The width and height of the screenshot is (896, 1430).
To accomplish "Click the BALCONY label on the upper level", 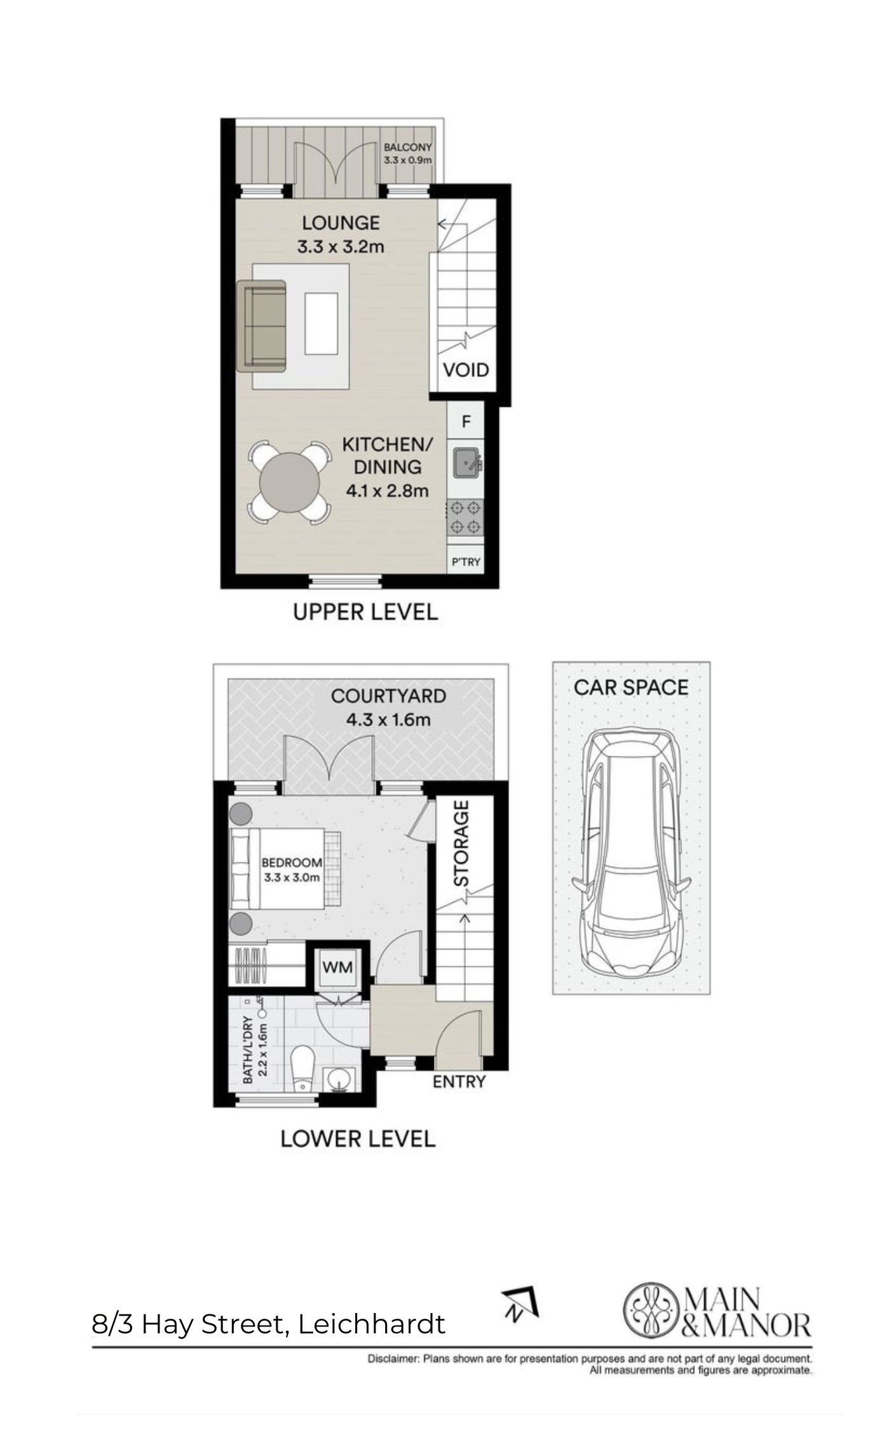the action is (x=407, y=147).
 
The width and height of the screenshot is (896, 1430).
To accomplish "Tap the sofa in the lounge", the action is (x=261, y=325).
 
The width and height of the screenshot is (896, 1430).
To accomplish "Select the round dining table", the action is (x=289, y=482).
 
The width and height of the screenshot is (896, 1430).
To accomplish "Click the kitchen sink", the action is (x=467, y=462).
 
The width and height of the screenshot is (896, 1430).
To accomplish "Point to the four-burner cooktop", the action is (x=465, y=518).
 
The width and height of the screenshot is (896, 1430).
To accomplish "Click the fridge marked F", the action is (x=466, y=421).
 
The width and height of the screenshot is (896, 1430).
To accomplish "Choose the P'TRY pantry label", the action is (x=466, y=562).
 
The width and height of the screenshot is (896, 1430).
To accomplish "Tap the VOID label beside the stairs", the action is (x=466, y=370).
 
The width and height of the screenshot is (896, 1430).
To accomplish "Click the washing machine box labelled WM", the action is (x=337, y=967).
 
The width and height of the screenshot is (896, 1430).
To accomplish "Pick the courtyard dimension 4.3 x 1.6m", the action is (x=388, y=720).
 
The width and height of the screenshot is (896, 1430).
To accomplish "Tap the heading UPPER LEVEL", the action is (x=365, y=612).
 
